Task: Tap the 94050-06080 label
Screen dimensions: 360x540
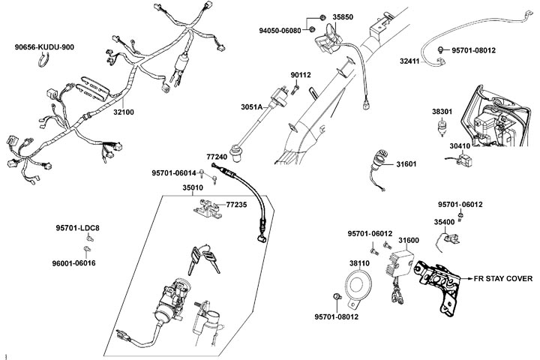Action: [280, 31]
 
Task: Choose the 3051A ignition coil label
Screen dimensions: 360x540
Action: [251, 107]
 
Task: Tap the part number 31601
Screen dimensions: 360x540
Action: [405, 163]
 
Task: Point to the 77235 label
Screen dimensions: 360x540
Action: [236, 203]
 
